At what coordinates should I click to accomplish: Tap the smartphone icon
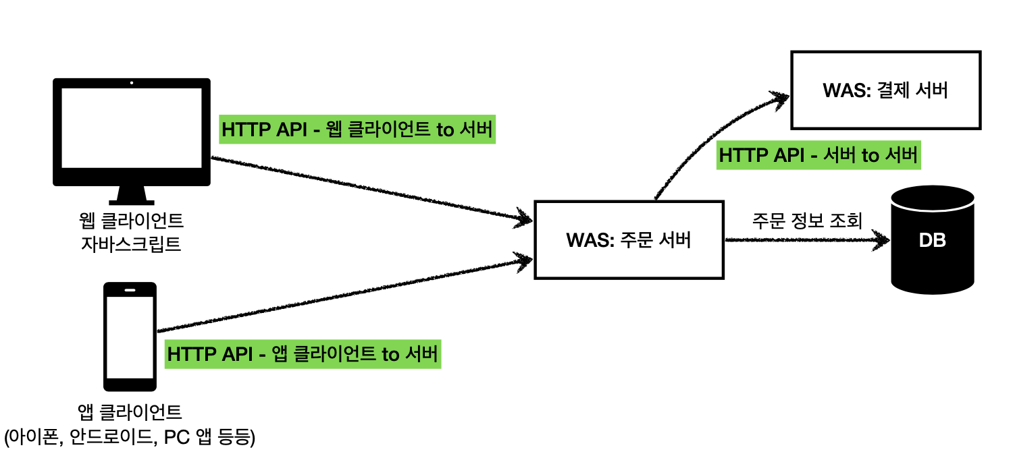[130, 337]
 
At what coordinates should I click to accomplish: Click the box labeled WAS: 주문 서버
[629, 239]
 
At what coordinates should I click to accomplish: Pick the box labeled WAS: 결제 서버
[885, 90]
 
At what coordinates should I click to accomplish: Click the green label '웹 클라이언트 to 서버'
[357, 130]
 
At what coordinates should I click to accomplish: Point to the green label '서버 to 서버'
[819, 155]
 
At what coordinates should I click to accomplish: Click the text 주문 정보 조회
[807, 221]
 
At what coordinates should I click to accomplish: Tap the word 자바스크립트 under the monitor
[131, 242]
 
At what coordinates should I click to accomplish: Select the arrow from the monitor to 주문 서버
[371, 189]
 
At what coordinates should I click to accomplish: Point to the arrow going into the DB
[804, 239]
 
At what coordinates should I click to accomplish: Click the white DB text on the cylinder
[932, 241]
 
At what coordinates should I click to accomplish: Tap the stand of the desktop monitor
[132, 196]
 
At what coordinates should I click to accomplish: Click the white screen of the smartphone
[130, 337]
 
